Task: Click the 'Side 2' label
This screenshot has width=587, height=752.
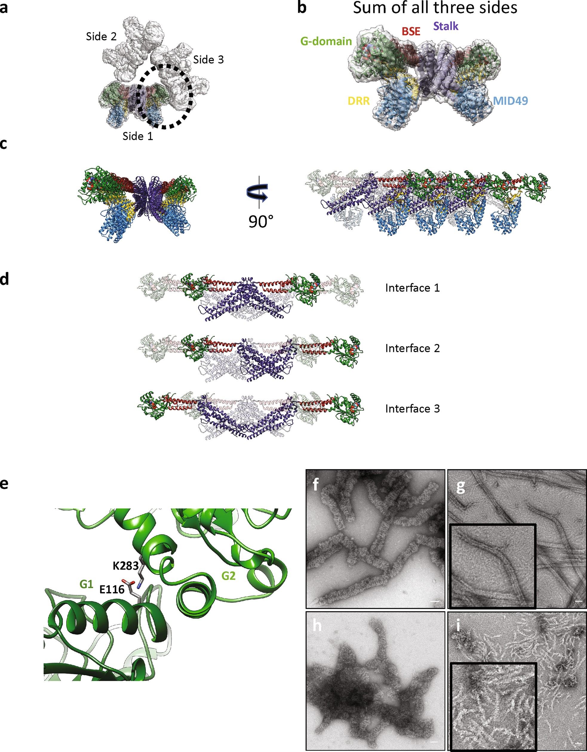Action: click(101, 36)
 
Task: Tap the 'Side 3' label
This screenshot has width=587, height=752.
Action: click(208, 60)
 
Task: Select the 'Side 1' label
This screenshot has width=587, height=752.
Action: click(138, 136)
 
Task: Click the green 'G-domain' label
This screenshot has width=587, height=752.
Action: click(326, 41)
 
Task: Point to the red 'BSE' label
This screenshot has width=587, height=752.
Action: click(411, 31)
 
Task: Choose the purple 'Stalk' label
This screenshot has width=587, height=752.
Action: click(446, 26)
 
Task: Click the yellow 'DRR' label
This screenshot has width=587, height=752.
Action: click(359, 101)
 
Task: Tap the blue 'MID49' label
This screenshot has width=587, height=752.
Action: click(511, 101)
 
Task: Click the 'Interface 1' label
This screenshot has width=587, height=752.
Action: click(413, 288)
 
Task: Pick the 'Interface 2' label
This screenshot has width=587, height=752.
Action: click(413, 348)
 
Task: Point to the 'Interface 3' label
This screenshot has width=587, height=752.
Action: click(413, 409)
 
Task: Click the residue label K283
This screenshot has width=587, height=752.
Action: click(126, 566)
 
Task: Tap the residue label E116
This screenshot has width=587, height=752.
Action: click(112, 589)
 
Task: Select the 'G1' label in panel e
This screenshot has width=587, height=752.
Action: click(86, 584)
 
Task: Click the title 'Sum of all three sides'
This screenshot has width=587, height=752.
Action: click(435, 7)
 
